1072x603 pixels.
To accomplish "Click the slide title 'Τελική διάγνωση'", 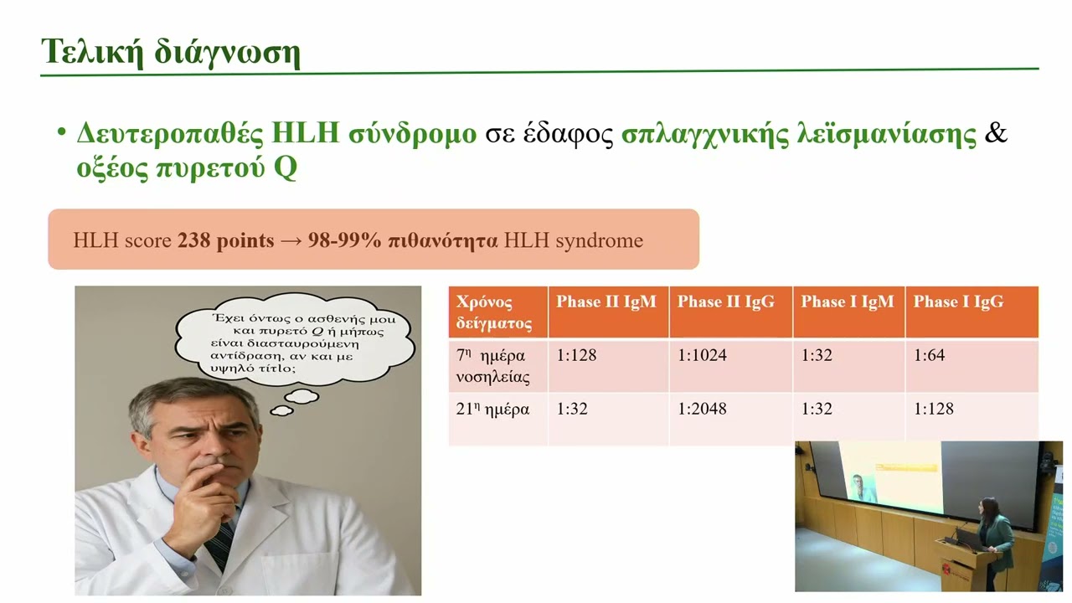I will click(170, 52).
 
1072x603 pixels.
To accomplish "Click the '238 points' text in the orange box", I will click(225, 241).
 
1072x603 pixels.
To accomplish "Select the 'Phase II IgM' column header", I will click(606, 302).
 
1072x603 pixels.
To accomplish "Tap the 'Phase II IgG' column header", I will click(726, 302).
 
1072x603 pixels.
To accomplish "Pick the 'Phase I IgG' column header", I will click(958, 302).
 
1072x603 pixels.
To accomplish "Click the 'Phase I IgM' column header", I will click(848, 302).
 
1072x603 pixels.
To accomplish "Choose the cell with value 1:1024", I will click(702, 355).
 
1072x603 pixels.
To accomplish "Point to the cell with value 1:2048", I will click(702, 409).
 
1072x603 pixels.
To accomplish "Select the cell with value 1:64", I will click(929, 355).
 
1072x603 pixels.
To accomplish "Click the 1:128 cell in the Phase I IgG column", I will click(934, 409).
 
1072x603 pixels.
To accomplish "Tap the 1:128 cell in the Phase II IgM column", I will click(577, 355).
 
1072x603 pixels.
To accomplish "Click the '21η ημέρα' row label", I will click(493, 410).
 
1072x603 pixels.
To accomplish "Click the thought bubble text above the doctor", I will click(298, 344).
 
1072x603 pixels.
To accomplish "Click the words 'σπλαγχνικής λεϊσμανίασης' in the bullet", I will click(799, 135).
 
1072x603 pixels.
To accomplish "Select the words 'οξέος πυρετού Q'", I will click(187, 168).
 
